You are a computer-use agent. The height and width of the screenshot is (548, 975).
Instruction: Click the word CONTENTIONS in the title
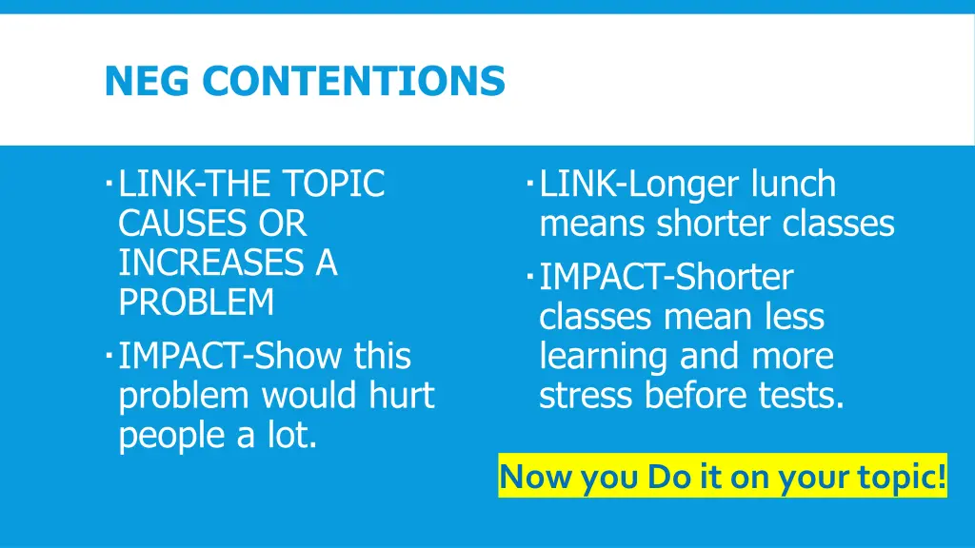[x=353, y=81]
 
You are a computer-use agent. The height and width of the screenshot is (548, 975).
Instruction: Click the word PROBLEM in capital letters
[x=196, y=303]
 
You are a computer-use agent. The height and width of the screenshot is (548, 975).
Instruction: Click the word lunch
[x=793, y=184]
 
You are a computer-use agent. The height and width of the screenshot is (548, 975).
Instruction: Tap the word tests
[x=800, y=395]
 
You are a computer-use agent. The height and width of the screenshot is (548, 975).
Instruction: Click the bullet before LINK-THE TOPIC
[x=110, y=179]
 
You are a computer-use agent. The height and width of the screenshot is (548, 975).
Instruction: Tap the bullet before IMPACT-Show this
[x=110, y=352]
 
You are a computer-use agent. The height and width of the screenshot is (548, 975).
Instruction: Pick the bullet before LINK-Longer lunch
[x=530, y=179]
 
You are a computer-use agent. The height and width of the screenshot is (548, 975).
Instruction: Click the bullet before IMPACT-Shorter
[x=530, y=274]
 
